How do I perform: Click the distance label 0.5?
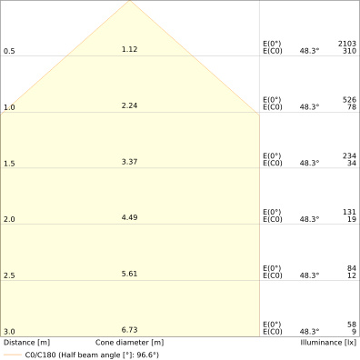9,51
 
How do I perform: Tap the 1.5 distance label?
9,164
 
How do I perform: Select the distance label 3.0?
9,332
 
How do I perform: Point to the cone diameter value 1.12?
129,49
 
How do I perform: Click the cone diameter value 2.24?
129,105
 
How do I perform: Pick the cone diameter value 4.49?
129,217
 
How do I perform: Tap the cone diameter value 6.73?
129,330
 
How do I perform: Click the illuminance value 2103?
347,44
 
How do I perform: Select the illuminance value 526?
349,100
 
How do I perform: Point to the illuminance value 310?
349,51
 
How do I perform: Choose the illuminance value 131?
349,212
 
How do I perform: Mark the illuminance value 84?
352,268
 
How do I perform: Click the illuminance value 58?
352,325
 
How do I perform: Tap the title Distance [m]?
26,343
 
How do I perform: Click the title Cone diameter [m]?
129,343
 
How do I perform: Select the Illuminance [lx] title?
328,343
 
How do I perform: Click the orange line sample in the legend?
13,355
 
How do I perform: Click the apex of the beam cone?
130,1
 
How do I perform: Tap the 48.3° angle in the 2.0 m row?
309,219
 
